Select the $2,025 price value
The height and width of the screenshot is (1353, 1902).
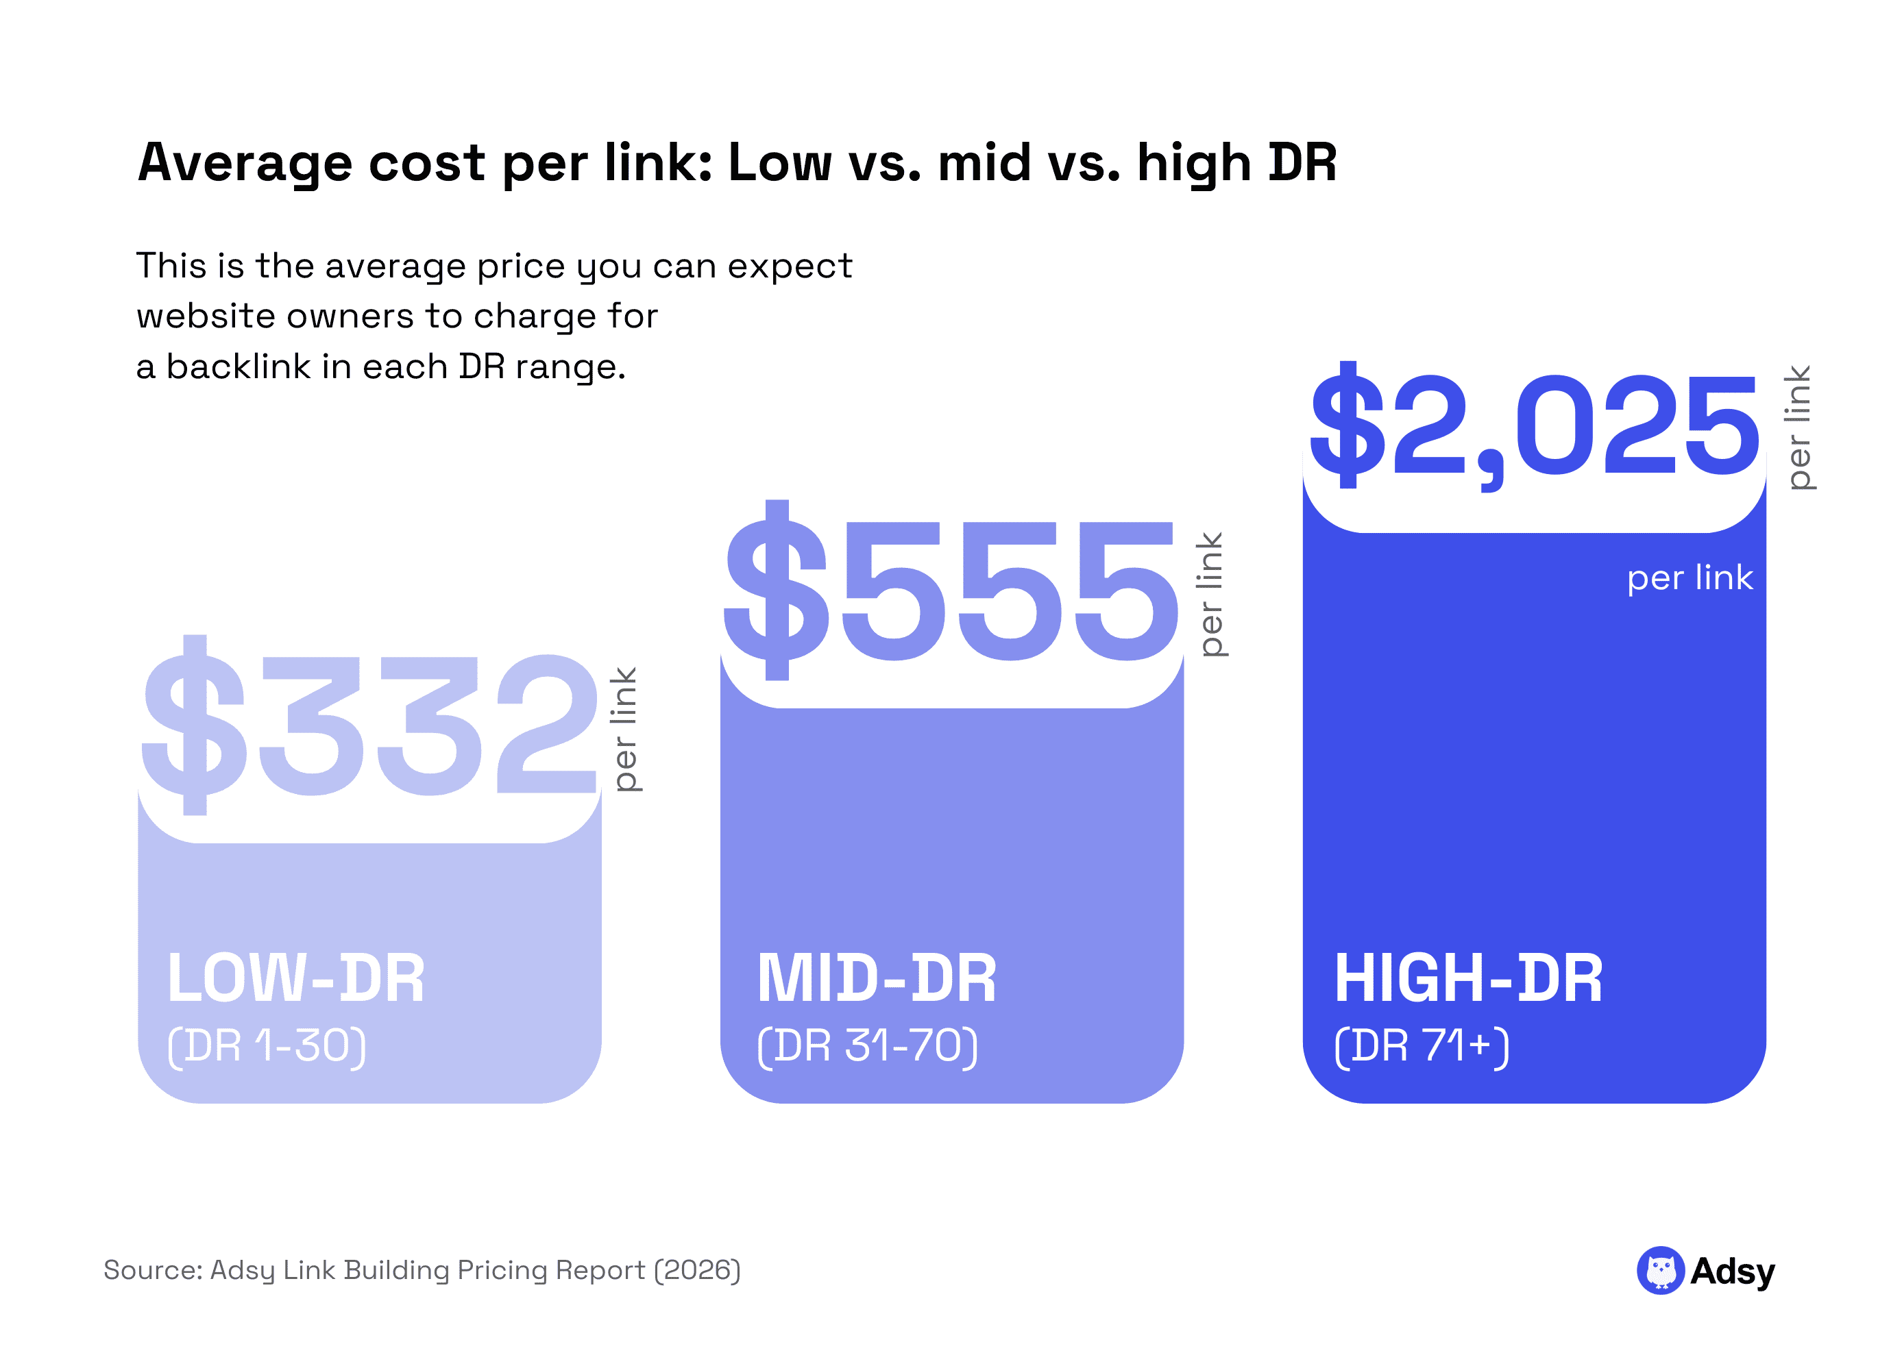1534,427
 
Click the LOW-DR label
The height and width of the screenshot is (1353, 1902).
296,978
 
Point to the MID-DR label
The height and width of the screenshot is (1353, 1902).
876,978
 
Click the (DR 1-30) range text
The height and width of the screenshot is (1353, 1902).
266,1045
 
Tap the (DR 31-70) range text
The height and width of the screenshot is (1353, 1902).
867,1045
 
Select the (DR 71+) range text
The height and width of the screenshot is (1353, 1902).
1421,1045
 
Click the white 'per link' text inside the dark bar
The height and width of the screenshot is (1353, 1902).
1689,578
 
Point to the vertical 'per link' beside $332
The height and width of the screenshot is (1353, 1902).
625,728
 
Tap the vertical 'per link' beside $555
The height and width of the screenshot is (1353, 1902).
1210,594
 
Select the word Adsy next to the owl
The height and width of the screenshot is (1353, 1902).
1732,1271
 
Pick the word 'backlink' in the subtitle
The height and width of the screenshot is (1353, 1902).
238,367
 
